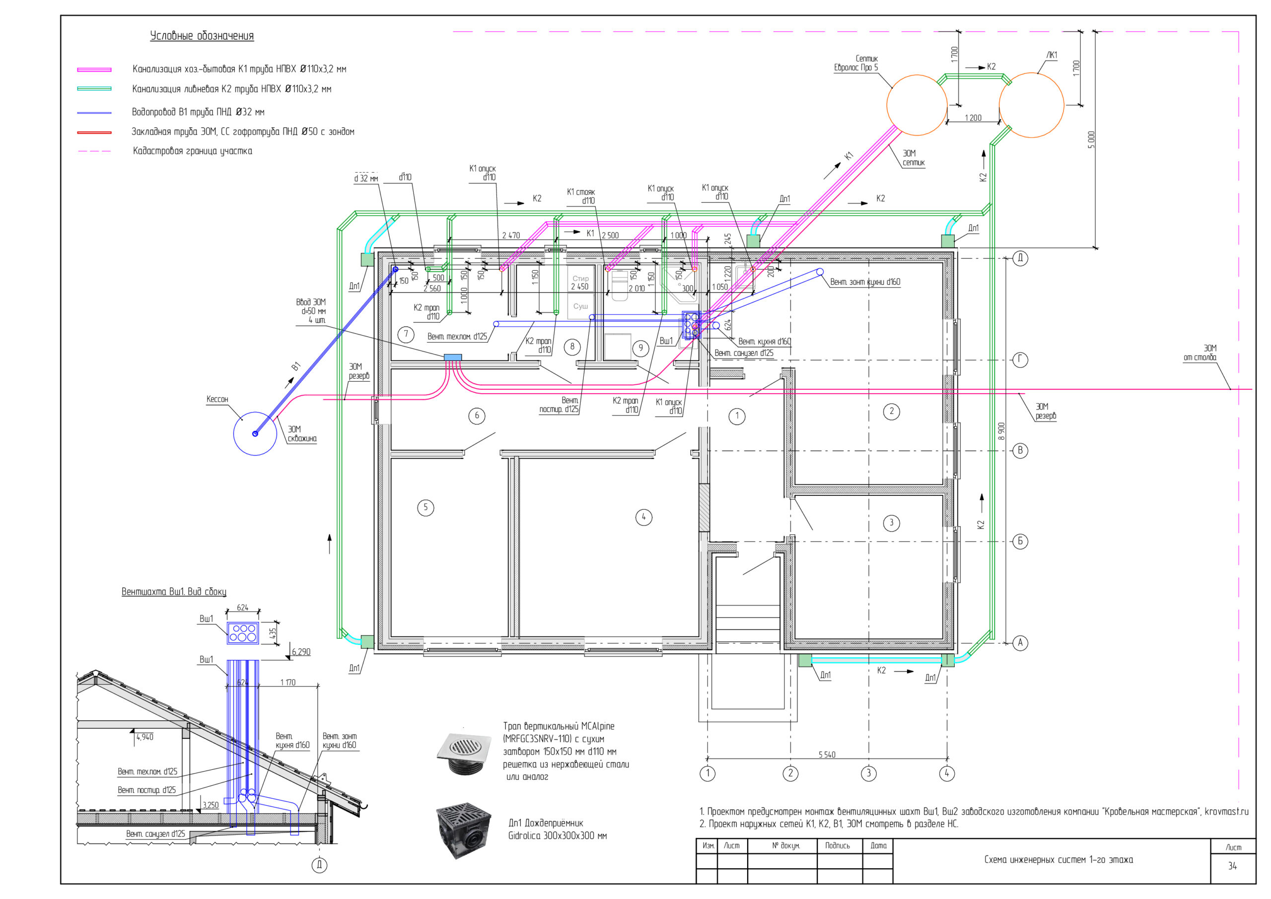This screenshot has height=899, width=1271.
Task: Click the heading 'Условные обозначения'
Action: pyautogui.click(x=202, y=36)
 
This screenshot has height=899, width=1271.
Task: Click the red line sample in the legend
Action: pyautogui.click(x=94, y=133)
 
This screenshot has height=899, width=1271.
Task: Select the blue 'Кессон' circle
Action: pyautogui.click(x=255, y=433)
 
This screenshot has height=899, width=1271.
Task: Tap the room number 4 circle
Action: pyautogui.click(x=643, y=517)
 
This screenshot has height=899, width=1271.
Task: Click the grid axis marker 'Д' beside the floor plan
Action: pyautogui.click(x=1020, y=258)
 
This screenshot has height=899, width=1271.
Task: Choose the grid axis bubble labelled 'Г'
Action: pyautogui.click(x=1020, y=360)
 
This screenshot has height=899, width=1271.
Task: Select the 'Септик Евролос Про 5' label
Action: pyautogui.click(x=856, y=63)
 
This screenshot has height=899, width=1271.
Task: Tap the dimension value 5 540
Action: pyautogui.click(x=827, y=755)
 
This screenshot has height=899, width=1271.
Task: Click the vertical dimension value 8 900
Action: pyautogui.click(x=1001, y=431)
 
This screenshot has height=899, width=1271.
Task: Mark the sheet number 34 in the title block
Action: pyautogui.click(x=1232, y=866)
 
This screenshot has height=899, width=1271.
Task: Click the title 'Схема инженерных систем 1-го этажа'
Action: pyautogui.click(x=1059, y=860)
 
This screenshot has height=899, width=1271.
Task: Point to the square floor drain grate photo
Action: pyautogui.click(x=464, y=752)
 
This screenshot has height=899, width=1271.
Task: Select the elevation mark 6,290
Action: pyautogui.click(x=300, y=652)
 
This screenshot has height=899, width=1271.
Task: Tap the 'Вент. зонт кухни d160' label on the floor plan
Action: pyautogui.click(x=865, y=282)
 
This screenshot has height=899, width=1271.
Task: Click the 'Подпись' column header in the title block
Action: pyautogui.click(x=837, y=845)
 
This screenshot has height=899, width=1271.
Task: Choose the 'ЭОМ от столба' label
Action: pyautogui.click(x=1200, y=352)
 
